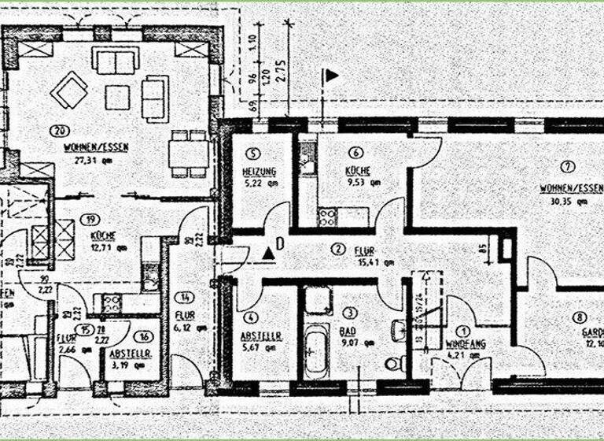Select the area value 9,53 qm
363,182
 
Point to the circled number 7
569,166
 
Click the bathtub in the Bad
316,352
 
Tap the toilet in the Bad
396,364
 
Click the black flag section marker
331,75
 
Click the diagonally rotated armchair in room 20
69,90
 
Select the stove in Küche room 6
327,217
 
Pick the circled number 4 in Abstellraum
250,318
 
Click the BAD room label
347,332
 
